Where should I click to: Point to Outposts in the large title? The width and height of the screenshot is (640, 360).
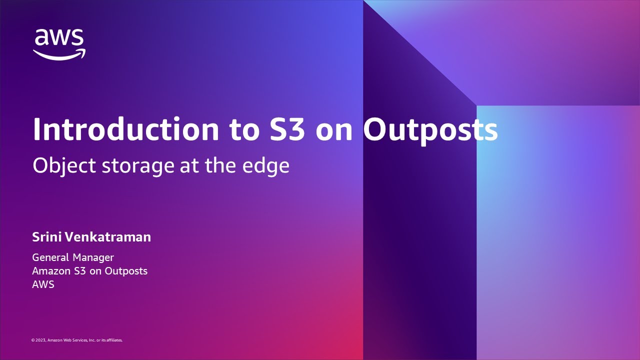pos(430,129)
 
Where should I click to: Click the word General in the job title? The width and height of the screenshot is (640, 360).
pos(50,257)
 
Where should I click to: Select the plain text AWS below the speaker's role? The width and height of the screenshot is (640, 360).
pos(43,284)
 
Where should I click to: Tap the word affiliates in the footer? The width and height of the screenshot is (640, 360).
pos(114,340)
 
